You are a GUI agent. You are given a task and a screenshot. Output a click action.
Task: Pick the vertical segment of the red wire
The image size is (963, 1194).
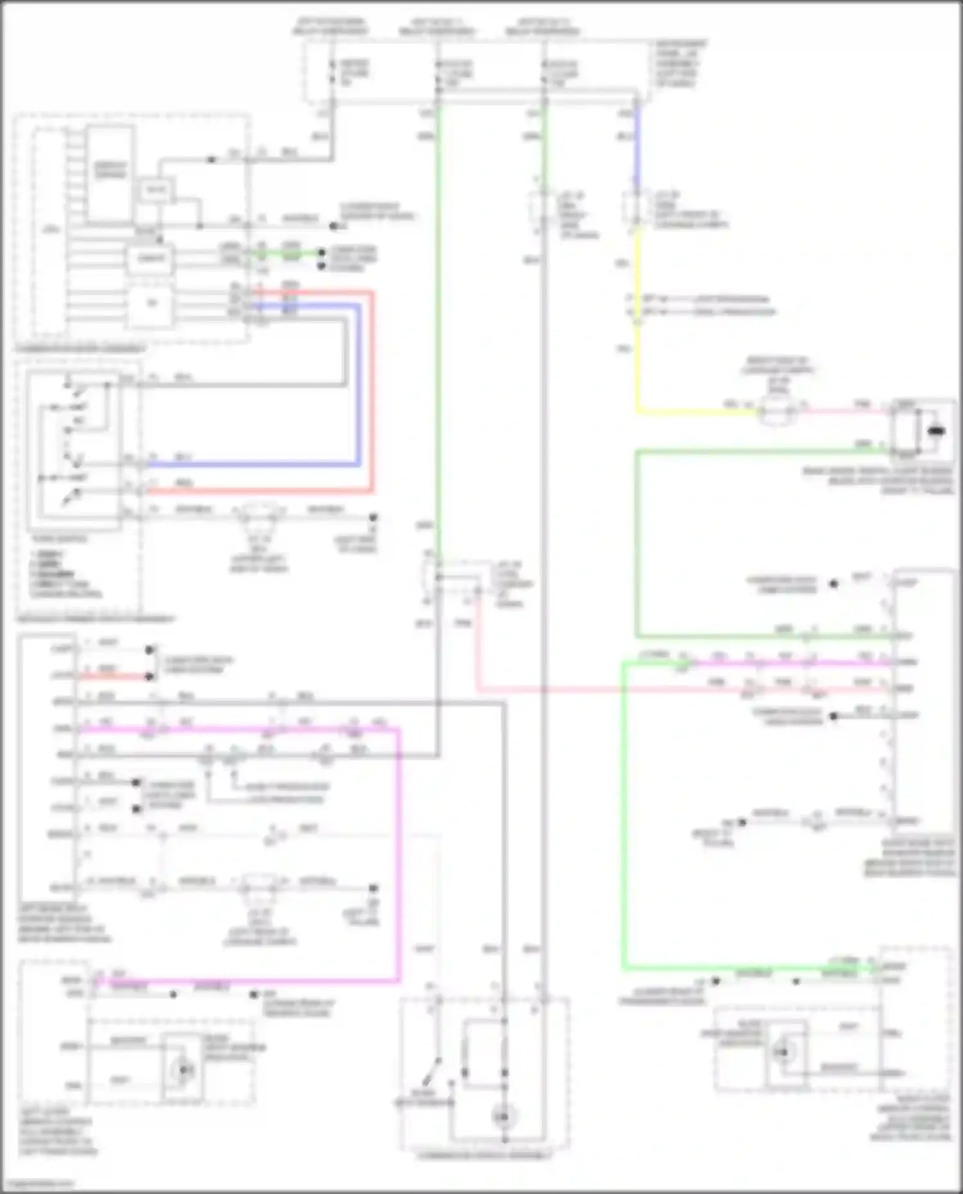click(372, 391)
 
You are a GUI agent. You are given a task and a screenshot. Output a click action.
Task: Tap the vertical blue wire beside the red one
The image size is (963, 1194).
click(358, 385)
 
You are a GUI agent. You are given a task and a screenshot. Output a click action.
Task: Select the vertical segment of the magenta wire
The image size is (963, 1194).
click(399, 853)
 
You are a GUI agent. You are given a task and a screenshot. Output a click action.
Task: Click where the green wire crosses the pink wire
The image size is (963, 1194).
click(623, 691)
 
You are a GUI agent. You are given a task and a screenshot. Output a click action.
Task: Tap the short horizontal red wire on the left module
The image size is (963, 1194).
click(116, 676)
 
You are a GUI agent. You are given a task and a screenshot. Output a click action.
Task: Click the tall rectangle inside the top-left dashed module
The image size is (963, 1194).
click(110, 173)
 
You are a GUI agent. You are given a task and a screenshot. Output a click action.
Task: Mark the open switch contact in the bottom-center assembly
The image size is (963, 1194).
click(435, 1070)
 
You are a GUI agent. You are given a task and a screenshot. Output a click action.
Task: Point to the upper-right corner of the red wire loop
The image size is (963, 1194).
click(372, 293)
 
